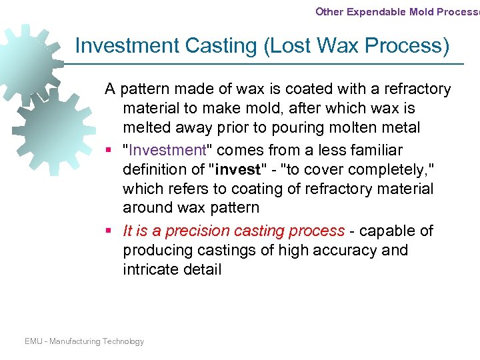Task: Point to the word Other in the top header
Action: [329, 11]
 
